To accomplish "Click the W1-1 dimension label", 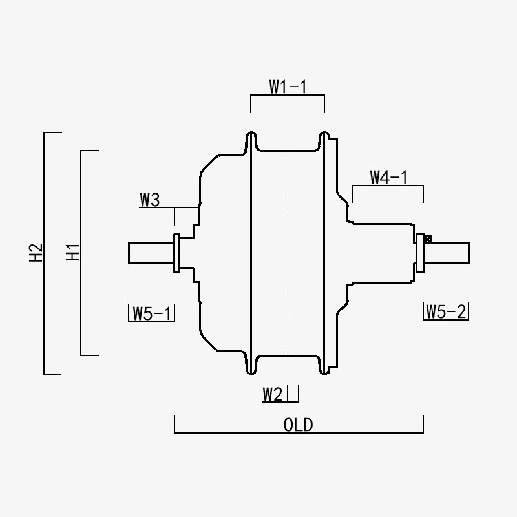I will click(288, 87).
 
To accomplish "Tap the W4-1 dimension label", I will click(388, 177).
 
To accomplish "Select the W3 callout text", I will click(149, 200).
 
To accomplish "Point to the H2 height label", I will click(36, 253).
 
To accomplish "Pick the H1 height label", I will click(72, 253).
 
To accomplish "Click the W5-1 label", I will click(151, 313).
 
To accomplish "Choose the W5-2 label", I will click(446, 312).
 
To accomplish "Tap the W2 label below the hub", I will click(273, 394).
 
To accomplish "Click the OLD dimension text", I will click(298, 425).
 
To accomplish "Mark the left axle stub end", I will click(131, 253).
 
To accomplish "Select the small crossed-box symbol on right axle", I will click(427, 238).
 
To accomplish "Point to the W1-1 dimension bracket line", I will click(288, 95).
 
